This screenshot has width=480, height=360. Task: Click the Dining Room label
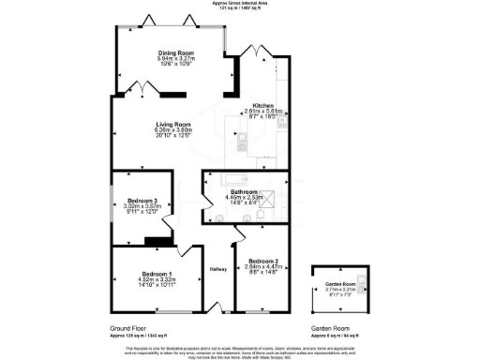coord(173,53)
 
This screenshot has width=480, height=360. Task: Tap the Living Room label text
coord(173,124)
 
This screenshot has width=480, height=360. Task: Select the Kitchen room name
coord(262,105)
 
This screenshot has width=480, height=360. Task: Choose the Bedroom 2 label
coord(262,260)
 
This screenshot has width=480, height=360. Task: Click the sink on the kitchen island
coord(242,142)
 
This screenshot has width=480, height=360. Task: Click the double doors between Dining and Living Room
coord(142,87)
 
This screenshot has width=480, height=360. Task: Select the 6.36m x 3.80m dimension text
coord(173,130)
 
